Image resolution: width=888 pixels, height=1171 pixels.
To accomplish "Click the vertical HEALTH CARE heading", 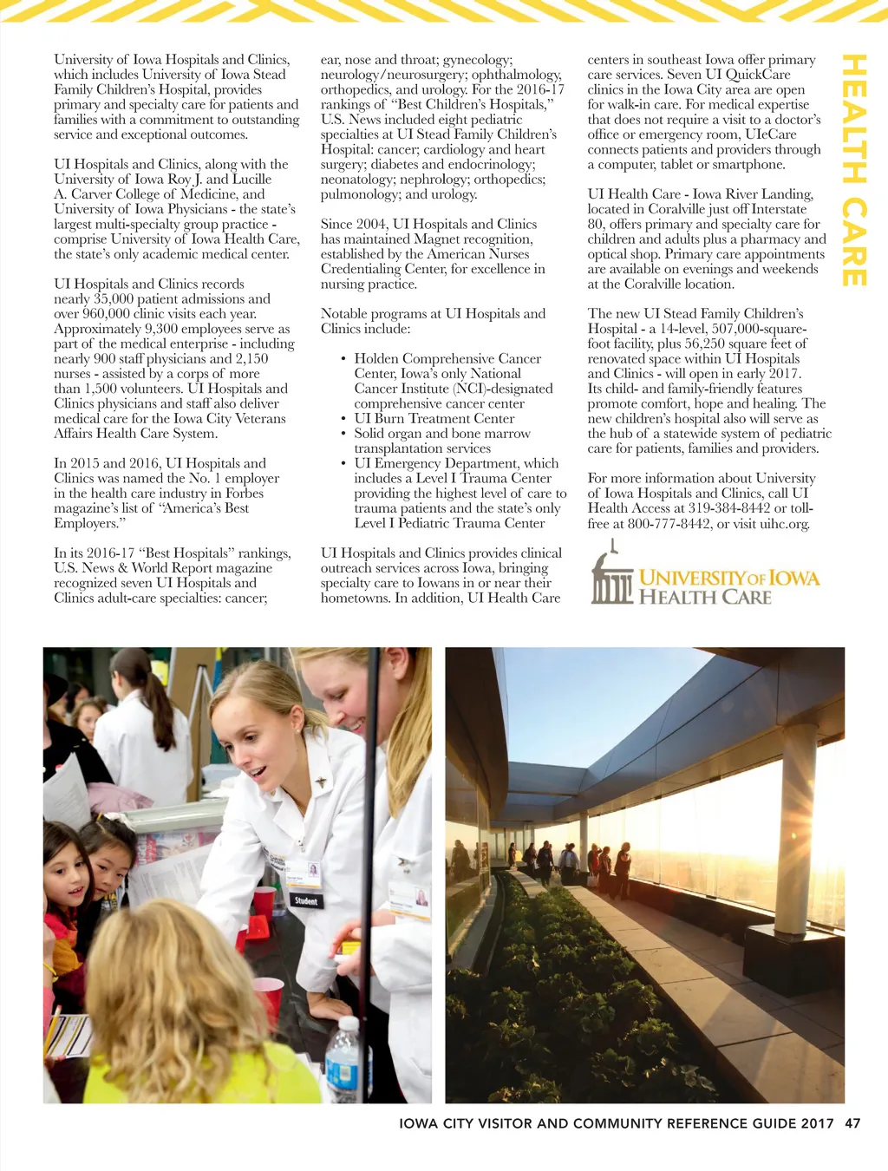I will (853, 170).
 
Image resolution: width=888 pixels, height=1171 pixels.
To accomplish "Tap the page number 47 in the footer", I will (852, 1122).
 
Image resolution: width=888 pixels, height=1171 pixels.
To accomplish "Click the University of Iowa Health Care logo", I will (705, 576).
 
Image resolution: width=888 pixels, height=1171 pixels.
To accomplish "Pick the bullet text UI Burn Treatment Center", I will (434, 418).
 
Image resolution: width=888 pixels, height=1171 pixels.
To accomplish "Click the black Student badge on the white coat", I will (306, 900).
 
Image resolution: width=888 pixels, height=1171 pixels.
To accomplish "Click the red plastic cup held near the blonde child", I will (268, 997).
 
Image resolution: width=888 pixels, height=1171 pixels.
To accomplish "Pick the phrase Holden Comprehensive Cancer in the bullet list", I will (447, 358).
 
